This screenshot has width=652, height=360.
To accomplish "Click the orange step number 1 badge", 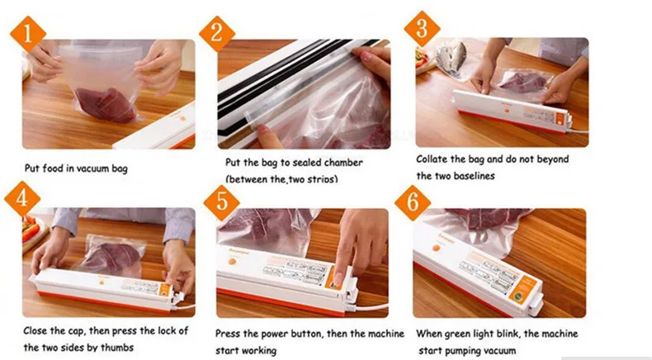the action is [28, 34].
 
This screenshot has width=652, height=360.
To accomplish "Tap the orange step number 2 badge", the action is [216, 33].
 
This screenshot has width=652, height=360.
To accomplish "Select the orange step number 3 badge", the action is [422, 29].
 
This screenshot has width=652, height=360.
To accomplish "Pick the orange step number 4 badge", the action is [22, 199].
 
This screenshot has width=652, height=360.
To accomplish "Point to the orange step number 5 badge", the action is [222, 202].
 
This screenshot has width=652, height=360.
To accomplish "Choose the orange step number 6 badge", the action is [413, 202].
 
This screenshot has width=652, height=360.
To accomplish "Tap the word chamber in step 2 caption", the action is [343, 163].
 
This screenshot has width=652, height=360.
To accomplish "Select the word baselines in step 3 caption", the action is [474, 176].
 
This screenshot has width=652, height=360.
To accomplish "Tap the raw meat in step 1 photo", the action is [106, 105].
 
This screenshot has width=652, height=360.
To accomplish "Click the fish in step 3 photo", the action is [451, 57].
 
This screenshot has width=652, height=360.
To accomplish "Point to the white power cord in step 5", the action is [369, 308].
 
